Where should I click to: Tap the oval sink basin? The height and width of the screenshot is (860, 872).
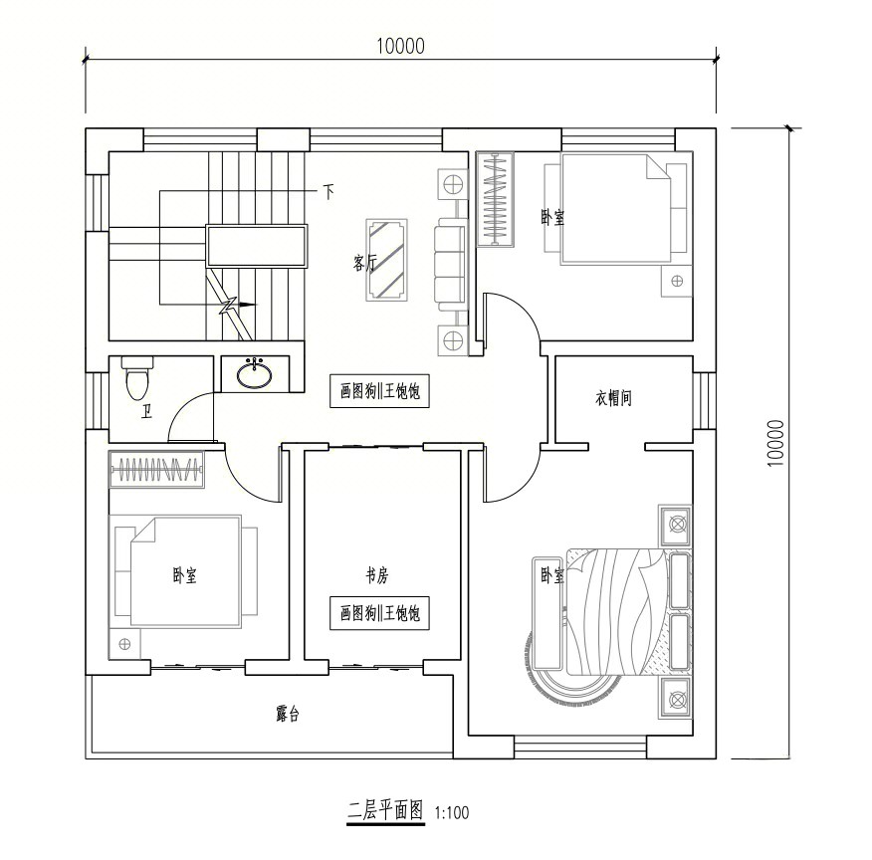[x=255, y=375]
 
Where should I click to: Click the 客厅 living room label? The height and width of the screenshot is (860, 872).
[x=364, y=263]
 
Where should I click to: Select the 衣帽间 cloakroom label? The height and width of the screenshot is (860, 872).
[x=613, y=398]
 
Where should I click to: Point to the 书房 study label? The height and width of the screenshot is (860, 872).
[x=376, y=575]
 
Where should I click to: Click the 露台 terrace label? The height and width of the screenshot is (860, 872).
[x=288, y=714]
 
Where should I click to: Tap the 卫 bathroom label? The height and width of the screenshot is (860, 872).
[x=146, y=412]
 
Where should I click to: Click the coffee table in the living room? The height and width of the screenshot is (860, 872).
[x=387, y=260]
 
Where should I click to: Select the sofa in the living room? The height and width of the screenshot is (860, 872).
[x=450, y=264]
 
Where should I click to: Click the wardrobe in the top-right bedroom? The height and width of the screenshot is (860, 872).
[x=495, y=199]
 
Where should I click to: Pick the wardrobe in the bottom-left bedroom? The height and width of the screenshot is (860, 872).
[x=157, y=469]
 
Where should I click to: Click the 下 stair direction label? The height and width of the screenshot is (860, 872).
[x=328, y=192]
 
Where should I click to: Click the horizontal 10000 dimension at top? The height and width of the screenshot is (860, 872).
[x=400, y=46]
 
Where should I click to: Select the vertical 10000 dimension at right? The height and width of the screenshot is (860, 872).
[x=775, y=443]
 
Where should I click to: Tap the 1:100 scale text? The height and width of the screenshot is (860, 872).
[x=452, y=813]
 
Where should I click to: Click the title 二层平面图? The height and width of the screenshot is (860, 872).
[x=385, y=810]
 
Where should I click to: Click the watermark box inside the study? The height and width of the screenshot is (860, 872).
[x=379, y=613]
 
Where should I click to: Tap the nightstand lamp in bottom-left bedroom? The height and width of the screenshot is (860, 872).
[x=124, y=644]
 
